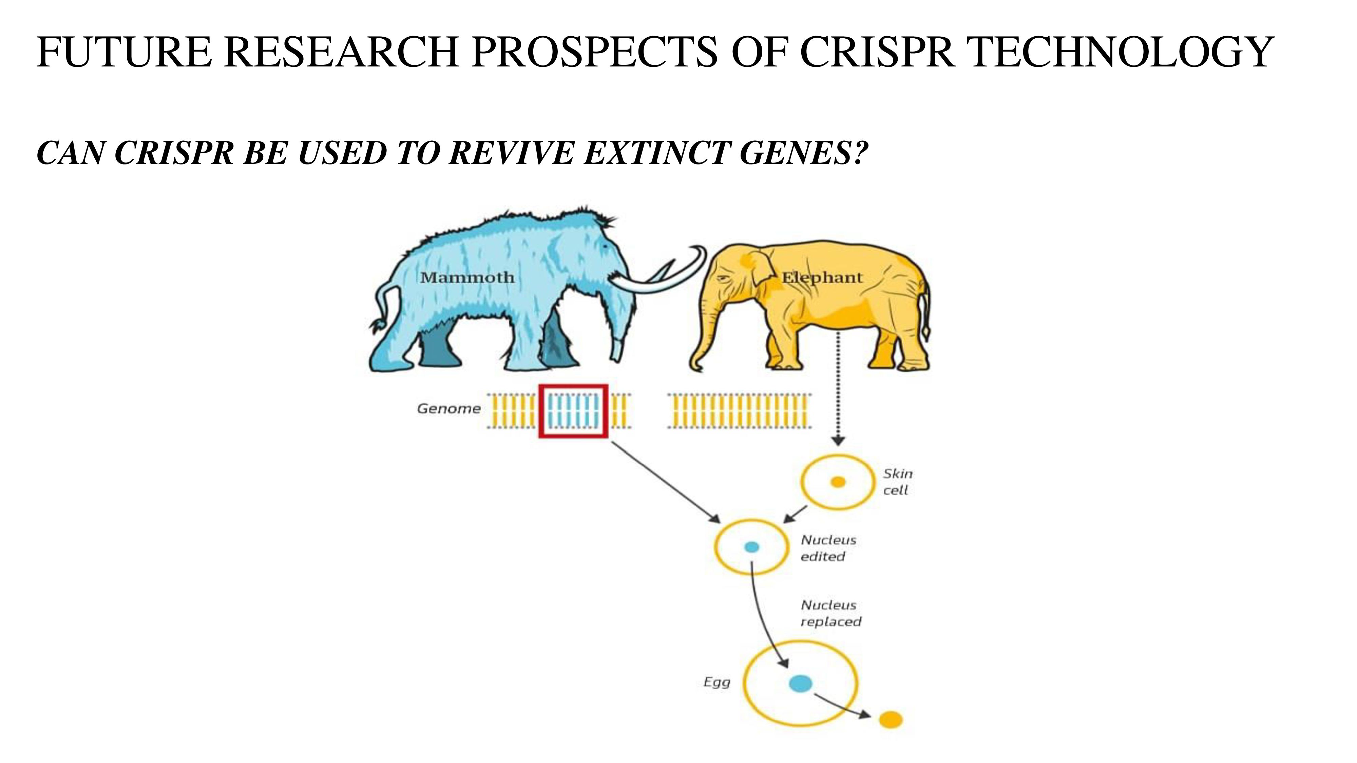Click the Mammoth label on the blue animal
(x=467, y=277)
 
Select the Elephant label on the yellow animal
(x=822, y=277)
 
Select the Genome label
(x=449, y=409)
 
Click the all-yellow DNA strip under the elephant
(x=740, y=411)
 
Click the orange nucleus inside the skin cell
(x=838, y=482)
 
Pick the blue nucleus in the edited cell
(x=752, y=547)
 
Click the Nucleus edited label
(x=828, y=548)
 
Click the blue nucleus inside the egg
(x=800, y=684)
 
